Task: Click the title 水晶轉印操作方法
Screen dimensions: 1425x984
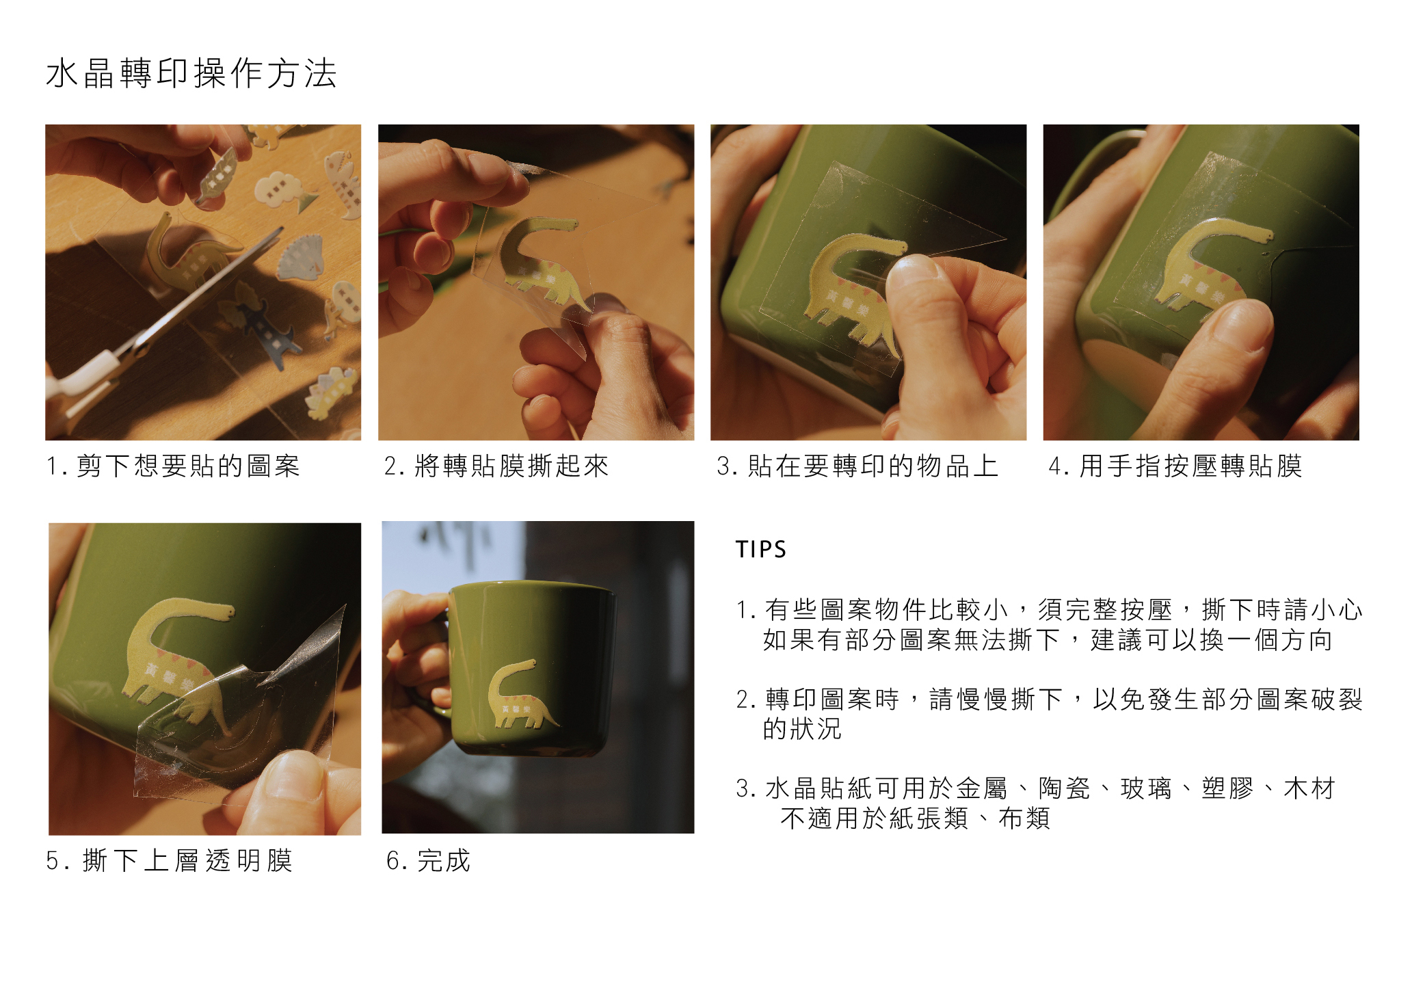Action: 191,73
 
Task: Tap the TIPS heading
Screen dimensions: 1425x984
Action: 761,549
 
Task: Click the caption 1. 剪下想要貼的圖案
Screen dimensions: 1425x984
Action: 173,466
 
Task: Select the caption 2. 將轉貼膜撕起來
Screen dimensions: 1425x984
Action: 496,466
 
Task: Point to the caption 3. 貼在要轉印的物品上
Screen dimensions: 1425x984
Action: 857,466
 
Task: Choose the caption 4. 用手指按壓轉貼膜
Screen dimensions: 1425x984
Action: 1175,466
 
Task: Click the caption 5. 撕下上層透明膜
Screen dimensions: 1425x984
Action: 170,860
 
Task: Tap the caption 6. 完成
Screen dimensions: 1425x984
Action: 429,860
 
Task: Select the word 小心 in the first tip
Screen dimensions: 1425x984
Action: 1337,609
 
